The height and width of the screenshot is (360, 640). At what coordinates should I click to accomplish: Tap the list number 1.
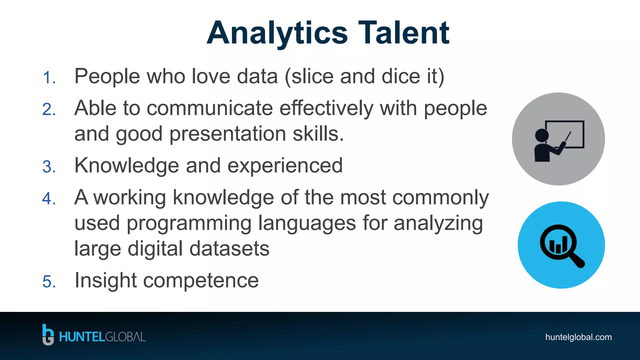tap(49, 78)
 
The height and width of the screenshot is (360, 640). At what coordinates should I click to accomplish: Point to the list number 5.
tap(49, 282)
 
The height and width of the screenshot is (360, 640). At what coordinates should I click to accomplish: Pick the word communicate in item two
tap(210, 108)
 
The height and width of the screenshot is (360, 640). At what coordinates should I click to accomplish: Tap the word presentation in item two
tap(227, 134)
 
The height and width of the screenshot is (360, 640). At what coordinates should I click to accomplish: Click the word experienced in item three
tap(285, 165)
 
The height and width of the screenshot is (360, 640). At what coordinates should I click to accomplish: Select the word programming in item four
tap(189, 223)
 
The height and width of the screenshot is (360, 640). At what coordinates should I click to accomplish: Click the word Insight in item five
tap(105, 280)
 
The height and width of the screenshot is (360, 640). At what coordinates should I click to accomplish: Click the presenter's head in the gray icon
tap(542, 135)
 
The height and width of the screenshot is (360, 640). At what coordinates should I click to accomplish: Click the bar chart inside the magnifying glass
tap(558, 245)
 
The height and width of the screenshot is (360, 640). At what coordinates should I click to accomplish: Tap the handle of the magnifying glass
tap(577, 260)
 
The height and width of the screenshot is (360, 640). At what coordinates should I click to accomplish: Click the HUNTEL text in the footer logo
tap(82, 337)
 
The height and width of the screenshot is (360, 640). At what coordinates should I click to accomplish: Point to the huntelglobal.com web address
tap(578, 337)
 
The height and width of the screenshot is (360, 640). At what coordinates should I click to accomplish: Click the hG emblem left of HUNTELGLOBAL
tap(48, 335)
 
